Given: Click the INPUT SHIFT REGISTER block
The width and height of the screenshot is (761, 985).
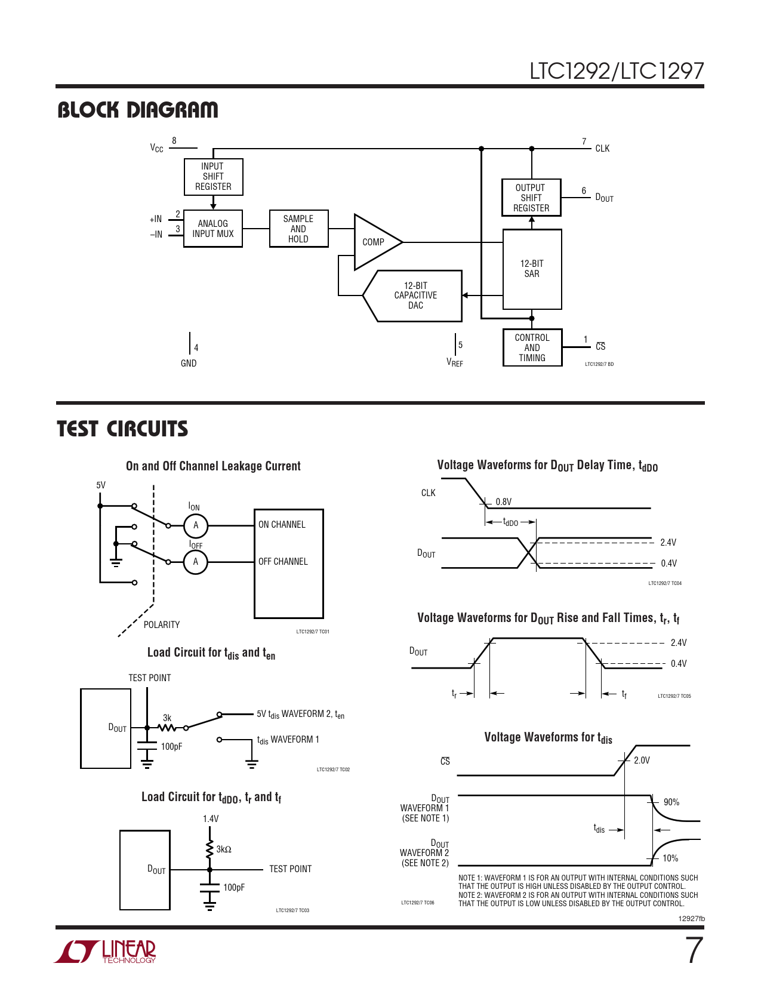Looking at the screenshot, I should coord(213,177).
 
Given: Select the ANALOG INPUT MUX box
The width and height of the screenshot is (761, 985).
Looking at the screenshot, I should coord(213,229).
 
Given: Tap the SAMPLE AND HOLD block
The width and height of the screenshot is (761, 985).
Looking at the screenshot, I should coord(298,229).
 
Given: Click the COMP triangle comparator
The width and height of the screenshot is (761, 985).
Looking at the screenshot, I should coord(375,242).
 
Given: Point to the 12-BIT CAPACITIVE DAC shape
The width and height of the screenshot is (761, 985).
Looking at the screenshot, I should coord(415,295).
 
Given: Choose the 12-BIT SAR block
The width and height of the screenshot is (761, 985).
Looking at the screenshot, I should coord(532,269).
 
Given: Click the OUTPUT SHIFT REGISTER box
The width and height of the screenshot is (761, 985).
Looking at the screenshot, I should coord(531,198).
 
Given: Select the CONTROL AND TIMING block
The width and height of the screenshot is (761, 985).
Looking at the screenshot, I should coord(532,347).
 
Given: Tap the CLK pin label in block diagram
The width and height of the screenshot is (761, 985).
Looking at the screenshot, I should coord(602,149).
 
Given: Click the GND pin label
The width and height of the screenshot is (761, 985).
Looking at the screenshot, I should coord(189,363).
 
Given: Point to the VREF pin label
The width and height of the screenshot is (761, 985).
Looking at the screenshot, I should coord(454,362).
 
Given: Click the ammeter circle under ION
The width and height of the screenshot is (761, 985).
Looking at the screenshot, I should coord(195,526).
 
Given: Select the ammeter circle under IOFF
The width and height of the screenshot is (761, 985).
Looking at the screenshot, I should coord(195,562).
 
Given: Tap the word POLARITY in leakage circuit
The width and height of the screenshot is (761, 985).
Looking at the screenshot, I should coord(162,624).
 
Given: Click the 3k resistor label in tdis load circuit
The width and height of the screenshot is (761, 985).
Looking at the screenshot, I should coord(167,718).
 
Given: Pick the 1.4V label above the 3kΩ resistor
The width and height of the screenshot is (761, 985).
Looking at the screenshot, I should coord(211,819).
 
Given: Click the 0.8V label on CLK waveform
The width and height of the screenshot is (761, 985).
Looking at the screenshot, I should coord(504,502).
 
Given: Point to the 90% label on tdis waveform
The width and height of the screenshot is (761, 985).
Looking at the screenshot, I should coord(671,802).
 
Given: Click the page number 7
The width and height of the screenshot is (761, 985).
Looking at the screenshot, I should coord(693,950).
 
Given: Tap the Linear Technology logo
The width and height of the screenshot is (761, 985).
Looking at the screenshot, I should coord(106,951).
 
